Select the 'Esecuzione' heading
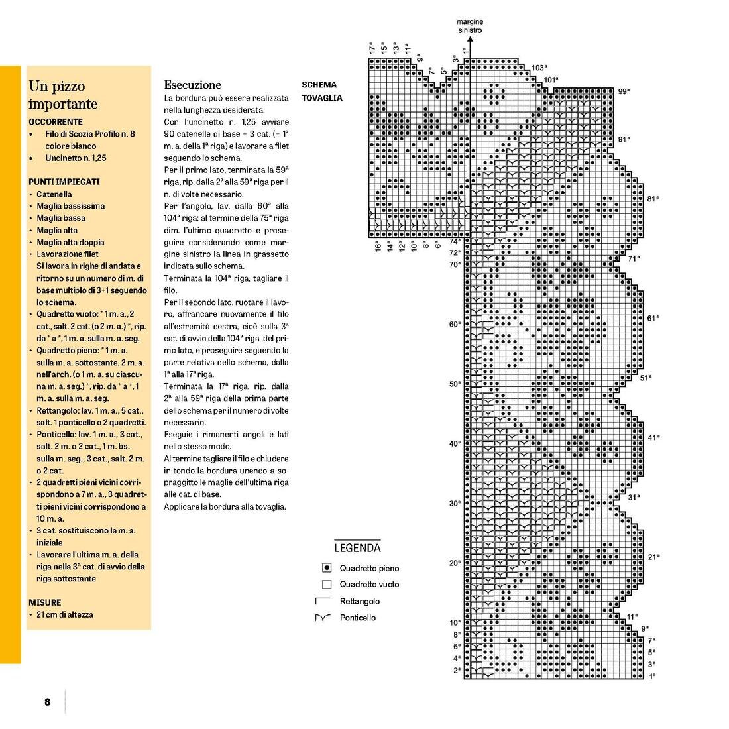(192, 85)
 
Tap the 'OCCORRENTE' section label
(56, 122)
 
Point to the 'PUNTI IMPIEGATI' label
(64, 182)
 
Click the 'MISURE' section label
(45, 602)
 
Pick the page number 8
(47, 702)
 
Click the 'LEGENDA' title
(357, 548)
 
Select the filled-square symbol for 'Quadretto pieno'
(326, 568)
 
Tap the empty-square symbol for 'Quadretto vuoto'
(326, 585)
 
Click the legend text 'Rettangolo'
(360, 601)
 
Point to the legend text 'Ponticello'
(358, 618)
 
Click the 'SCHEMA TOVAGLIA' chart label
(321, 91)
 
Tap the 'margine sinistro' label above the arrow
(470, 27)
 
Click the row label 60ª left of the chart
(455, 324)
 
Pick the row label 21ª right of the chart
(653, 557)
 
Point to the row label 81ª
(653, 199)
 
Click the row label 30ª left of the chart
(455, 503)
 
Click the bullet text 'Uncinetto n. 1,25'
(76, 158)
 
